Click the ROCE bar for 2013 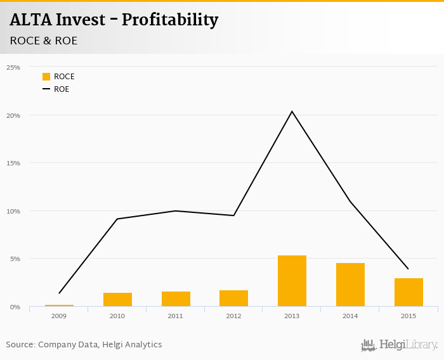tap(292, 281)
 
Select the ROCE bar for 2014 tap(350, 285)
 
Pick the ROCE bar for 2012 tap(234, 299)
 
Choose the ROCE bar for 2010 tap(117, 300)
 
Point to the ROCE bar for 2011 tap(176, 299)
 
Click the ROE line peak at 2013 tap(292, 112)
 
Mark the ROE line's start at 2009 tap(59, 293)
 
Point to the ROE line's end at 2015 tap(408, 269)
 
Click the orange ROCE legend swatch tap(46, 77)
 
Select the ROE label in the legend tap(62, 89)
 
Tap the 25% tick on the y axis tap(13, 67)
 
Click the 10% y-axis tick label tap(13, 211)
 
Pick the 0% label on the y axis tap(15, 307)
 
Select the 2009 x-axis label tap(59, 315)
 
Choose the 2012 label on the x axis tap(234, 315)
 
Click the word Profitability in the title tap(169, 20)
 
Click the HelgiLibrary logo tap(399, 345)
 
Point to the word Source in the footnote tap(20, 345)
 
